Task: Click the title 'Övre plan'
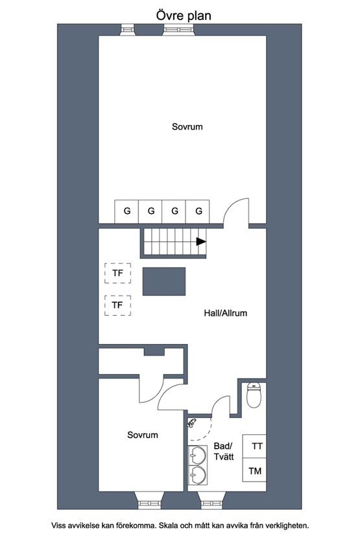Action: tap(184, 16)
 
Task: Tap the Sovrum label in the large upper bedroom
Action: tap(187, 126)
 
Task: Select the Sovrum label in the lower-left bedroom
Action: tap(143, 435)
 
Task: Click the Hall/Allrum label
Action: tap(225, 313)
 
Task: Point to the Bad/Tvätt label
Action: tap(224, 451)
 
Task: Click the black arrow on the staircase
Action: tap(201, 242)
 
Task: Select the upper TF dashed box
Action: tap(118, 273)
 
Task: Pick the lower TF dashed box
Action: tap(118, 305)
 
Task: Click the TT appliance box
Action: tap(254, 446)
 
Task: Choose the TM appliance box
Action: tap(254, 470)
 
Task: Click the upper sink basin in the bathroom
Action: tap(198, 456)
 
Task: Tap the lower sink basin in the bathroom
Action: tap(198, 475)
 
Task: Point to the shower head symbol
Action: tap(191, 423)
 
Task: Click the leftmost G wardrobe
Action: tap(126, 211)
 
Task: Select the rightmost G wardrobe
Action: tap(198, 211)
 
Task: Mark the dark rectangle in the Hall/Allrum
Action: tap(164, 281)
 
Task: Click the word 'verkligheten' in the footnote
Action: tap(287, 525)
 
